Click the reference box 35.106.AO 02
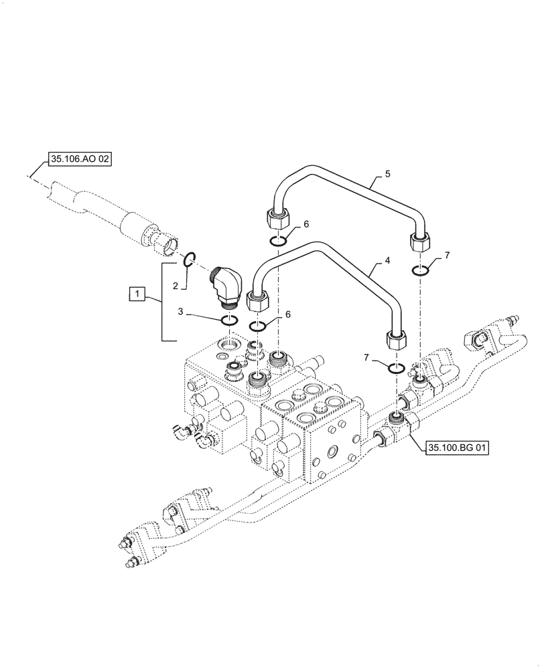point(79,159)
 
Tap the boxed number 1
point(137,293)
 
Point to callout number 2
point(176,286)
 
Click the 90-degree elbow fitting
point(227,286)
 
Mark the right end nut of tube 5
point(420,244)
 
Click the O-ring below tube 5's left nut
point(279,241)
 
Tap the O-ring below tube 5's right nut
point(421,270)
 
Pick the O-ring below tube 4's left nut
point(259,326)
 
